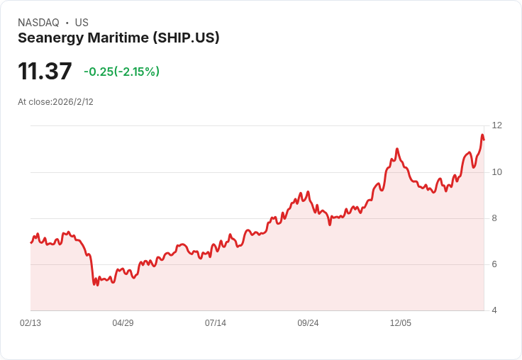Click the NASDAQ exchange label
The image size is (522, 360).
click(38, 23)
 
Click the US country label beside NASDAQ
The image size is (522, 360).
click(82, 23)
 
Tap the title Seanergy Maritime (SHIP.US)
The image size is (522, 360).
click(118, 38)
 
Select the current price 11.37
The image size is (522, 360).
click(45, 71)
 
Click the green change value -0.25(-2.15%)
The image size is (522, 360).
click(121, 72)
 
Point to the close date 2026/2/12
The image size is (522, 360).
click(73, 102)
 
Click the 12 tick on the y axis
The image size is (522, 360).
click(496, 125)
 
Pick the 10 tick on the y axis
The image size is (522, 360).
click(496, 172)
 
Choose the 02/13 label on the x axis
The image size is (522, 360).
click(30, 323)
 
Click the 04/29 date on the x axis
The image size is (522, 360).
click(123, 323)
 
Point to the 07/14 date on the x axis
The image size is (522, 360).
click(216, 323)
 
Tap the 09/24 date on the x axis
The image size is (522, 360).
click(308, 323)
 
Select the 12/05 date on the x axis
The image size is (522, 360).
click(401, 323)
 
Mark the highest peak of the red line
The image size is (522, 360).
click(482, 135)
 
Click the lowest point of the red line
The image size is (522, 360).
click(94, 285)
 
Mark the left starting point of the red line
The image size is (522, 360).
click(31, 243)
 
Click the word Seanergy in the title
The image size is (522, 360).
click(50, 38)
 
